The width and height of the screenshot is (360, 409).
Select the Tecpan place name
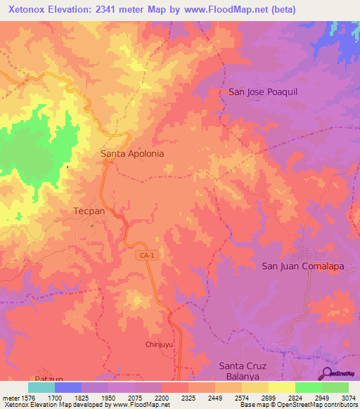pos(89,210)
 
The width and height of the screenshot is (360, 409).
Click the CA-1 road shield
pos(146,257)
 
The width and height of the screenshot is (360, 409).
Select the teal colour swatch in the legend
pos(41,387)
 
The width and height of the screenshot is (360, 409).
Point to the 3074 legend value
pos(348,398)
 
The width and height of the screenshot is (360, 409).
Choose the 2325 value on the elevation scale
pos(188,398)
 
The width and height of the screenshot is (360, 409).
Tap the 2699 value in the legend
pos(268,398)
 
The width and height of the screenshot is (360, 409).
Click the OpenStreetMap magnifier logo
pos(328,372)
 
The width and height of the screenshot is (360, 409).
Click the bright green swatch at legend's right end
pos(335,387)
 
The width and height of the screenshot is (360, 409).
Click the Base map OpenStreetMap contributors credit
pos(297,405)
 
